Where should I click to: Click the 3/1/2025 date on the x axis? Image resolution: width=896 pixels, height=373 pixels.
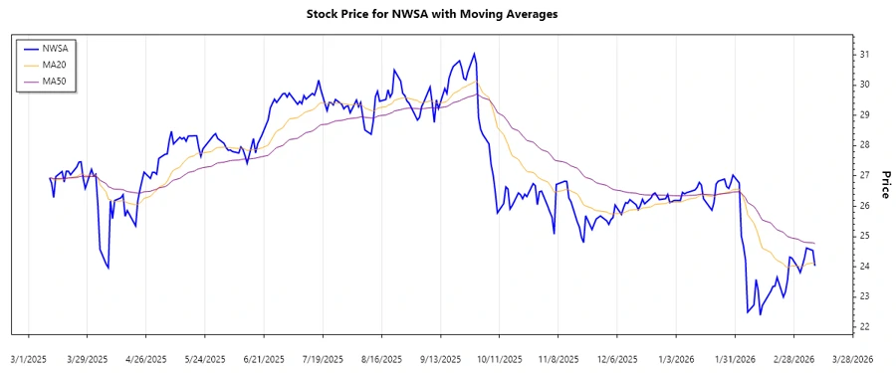29,358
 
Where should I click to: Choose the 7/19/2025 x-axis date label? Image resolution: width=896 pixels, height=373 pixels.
323,358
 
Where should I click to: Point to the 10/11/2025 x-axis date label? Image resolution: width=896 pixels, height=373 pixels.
500,358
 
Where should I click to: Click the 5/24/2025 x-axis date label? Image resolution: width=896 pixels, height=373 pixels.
205,358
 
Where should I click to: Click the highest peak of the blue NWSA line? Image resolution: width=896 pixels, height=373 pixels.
474,54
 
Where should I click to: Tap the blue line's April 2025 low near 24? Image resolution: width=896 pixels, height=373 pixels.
108,268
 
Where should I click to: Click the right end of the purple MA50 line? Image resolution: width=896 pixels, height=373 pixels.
815,244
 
